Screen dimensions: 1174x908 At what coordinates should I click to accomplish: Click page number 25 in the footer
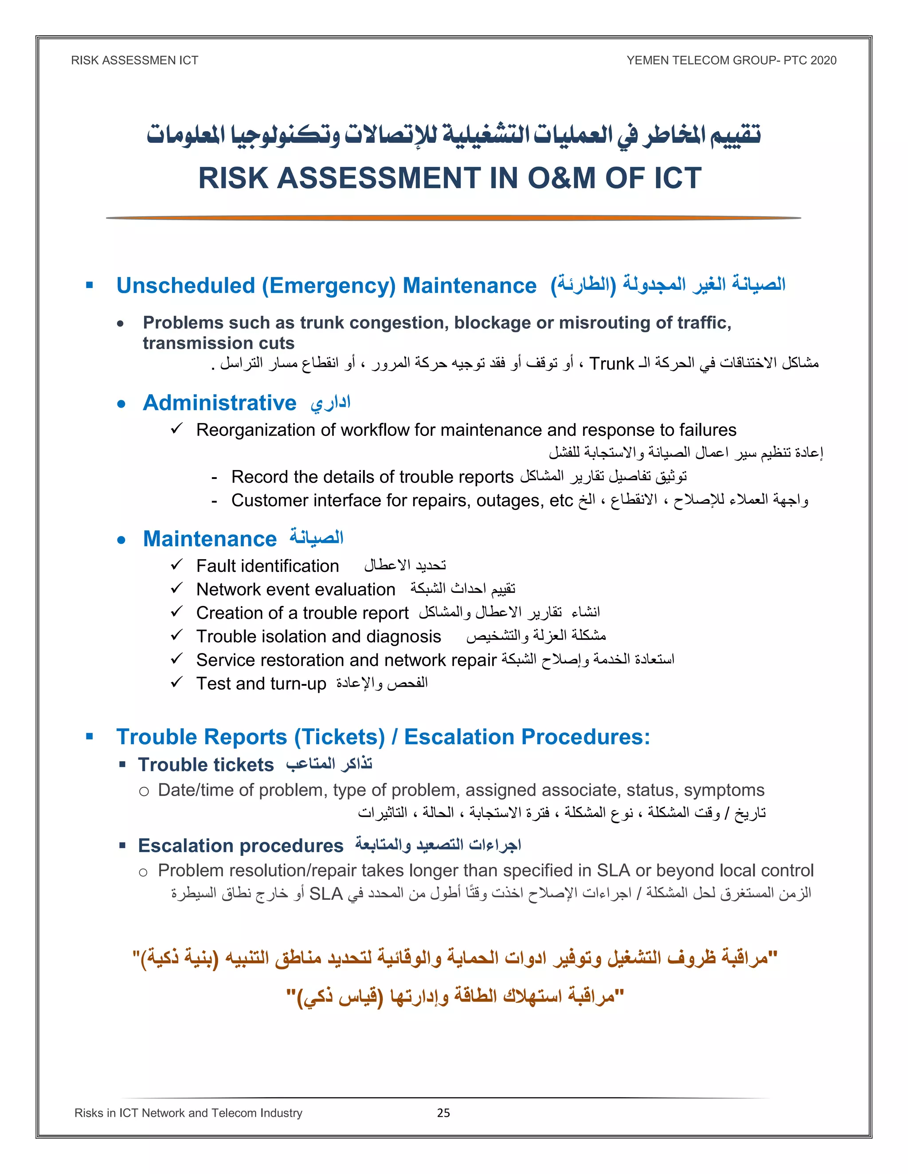443,1113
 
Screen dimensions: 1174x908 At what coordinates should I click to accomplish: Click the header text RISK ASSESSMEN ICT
134,60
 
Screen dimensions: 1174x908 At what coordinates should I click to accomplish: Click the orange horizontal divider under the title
453,218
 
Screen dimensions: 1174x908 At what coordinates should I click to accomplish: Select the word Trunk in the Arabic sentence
611,364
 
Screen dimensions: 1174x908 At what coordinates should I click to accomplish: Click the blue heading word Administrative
219,403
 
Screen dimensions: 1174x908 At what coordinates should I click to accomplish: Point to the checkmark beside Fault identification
176,564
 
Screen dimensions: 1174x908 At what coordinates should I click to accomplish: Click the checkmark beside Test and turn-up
176,682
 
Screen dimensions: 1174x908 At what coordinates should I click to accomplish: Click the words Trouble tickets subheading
206,764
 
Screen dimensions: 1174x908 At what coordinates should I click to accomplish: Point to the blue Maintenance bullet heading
210,539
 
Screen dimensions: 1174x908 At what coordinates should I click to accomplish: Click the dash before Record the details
214,477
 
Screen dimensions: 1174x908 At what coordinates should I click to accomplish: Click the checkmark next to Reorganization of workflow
176,429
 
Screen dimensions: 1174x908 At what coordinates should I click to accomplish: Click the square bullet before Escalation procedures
123,846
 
